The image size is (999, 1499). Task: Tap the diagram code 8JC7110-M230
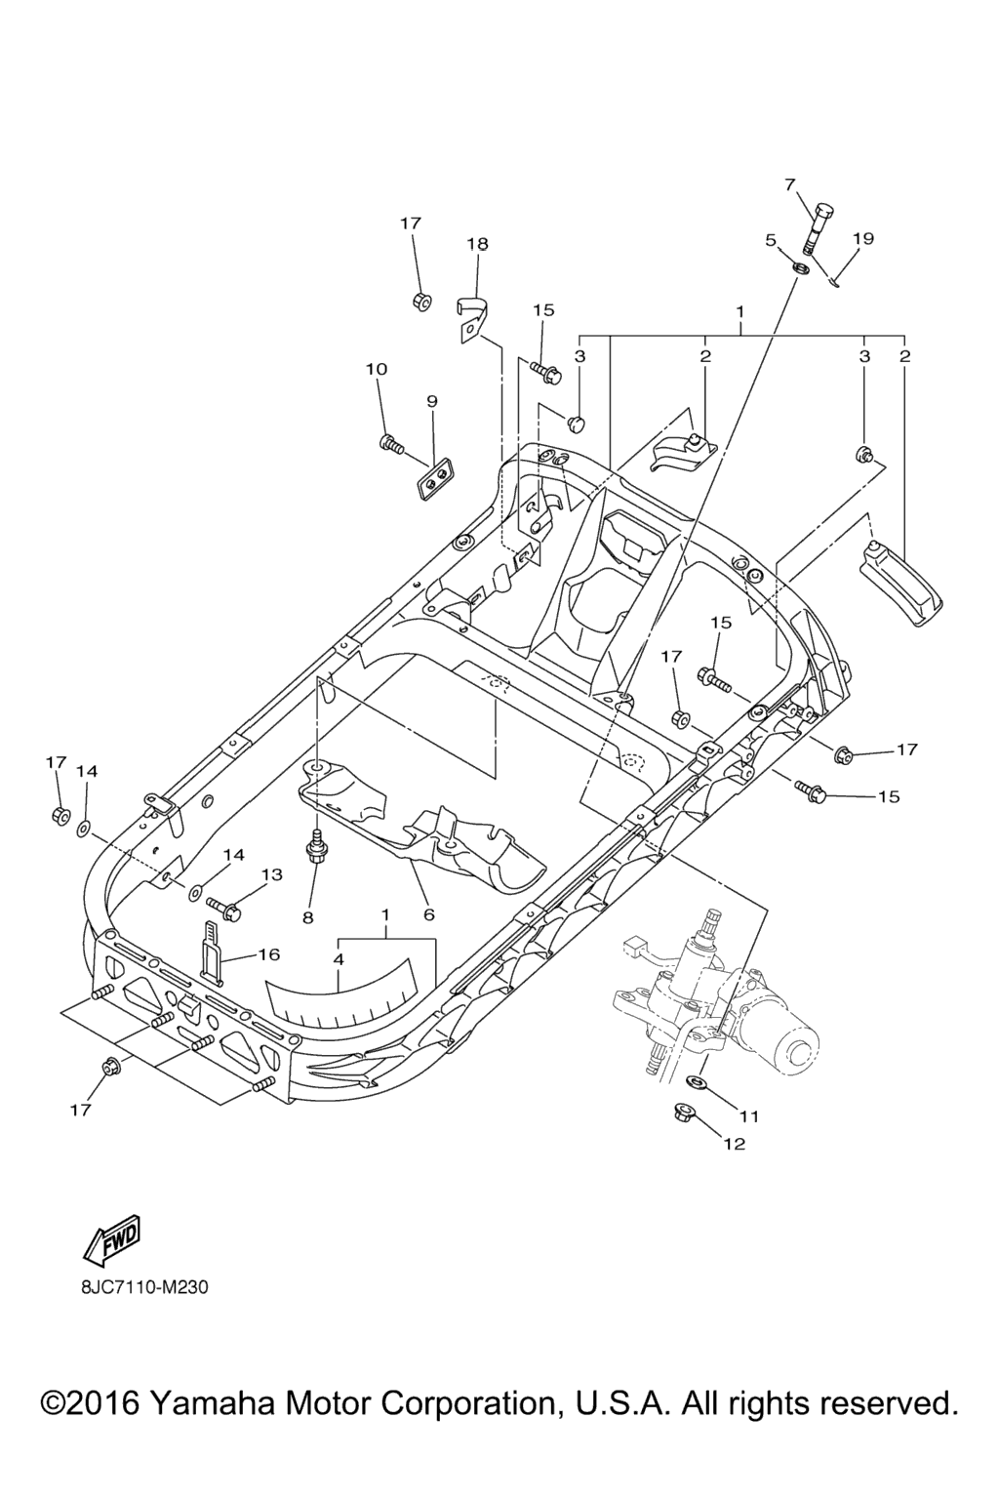(x=144, y=1287)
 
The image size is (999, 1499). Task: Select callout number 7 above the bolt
(x=790, y=183)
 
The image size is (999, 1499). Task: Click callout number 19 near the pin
(x=862, y=238)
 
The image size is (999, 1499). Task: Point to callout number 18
(x=477, y=244)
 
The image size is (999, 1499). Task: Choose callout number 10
(x=377, y=369)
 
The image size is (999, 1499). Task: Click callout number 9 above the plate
(x=431, y=401)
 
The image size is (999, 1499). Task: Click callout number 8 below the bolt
(x=308, y=916)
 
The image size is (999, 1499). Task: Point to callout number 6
(x=428, y=914)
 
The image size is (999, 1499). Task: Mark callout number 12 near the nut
(x=734, y=1144)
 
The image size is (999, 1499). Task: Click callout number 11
(x=748, y=1114)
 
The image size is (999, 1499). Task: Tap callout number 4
(x=339, y=959)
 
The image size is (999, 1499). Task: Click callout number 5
(x=771, y=239)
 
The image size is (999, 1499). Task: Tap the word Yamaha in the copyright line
(x=212, y=1403)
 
